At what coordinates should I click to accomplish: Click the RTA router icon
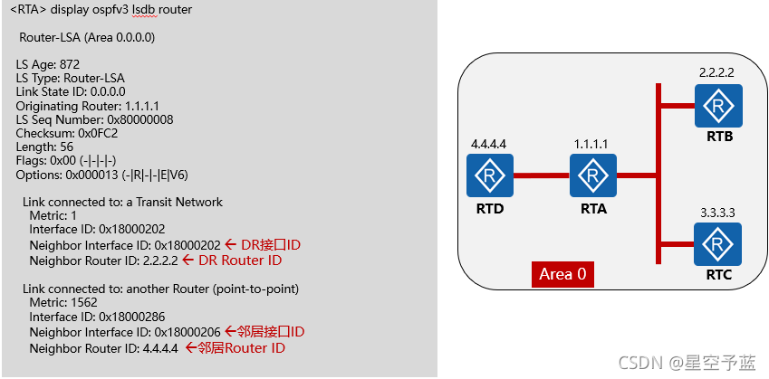[593, 175]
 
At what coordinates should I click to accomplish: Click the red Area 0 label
[562, 274]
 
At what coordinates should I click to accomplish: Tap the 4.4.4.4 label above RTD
[489, 144]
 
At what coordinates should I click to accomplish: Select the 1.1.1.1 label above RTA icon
[593, 144]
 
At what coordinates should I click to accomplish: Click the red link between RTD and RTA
[542, 175]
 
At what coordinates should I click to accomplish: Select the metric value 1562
[86, 303]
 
